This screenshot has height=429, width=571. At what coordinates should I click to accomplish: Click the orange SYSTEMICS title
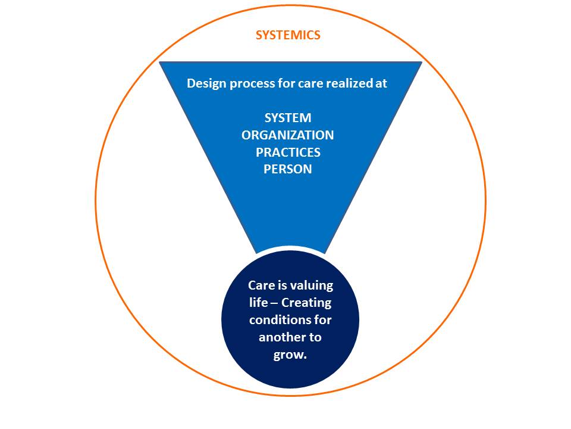pyautogui.click(x=288, y=35)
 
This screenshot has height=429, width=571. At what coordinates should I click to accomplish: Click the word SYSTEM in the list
pyautogui.click(x=288, y=118)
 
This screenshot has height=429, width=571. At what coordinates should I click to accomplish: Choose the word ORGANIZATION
pyautogui.click(x=288, y=135)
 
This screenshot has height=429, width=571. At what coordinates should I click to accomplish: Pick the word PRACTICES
pyautogui.click(x=288, y=152)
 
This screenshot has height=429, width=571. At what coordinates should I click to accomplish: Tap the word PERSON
pyautogui.click(x=288, y=169)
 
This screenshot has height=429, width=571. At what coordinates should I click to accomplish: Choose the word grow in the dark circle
pyautogui.click(x=288, y=355)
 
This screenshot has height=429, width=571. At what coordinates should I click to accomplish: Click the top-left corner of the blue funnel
pyautogui.click(x=160, y=63)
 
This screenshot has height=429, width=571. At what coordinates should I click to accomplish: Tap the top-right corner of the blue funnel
pyautogui.click(x=421, y=63)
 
